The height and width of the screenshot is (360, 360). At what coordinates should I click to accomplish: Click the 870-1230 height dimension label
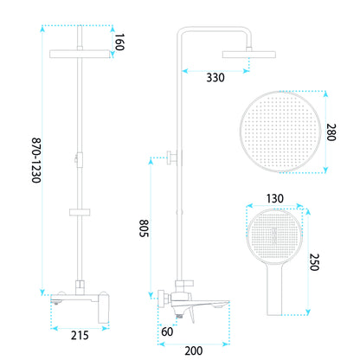pos(36,160)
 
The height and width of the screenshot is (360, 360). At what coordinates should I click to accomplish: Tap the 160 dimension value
pos(119,42)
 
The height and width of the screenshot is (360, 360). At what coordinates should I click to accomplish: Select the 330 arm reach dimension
pos(215,78)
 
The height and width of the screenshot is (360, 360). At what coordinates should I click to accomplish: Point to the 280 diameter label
pos(331,132)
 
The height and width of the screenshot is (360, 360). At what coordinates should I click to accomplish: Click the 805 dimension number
pos(145,228)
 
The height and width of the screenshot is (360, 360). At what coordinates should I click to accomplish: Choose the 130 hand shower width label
pos(274,198)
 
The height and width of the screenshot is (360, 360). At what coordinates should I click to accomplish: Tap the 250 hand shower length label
pos(314,262)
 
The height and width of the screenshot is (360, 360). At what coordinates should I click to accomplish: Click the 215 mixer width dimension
pos(80,336)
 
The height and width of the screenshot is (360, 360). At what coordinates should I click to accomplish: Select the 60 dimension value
pos(167,331)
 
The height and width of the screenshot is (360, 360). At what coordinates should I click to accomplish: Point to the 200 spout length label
pos(194,350)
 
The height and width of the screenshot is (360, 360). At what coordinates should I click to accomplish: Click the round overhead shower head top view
pos(280,132)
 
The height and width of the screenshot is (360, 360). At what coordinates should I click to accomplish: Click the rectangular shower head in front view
pos(80,54)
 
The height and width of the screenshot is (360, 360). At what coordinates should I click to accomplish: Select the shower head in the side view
pos(249,55)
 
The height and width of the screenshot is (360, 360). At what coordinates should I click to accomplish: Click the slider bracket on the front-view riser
pos(80,212)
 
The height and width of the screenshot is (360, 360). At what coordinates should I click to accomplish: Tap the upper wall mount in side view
pos(172,157)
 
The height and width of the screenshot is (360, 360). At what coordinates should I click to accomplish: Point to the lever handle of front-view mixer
pos(104,308)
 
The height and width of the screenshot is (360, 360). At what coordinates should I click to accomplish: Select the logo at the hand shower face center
pos(274,235)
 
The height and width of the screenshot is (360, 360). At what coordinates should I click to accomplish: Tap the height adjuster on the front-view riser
pos(79,159)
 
